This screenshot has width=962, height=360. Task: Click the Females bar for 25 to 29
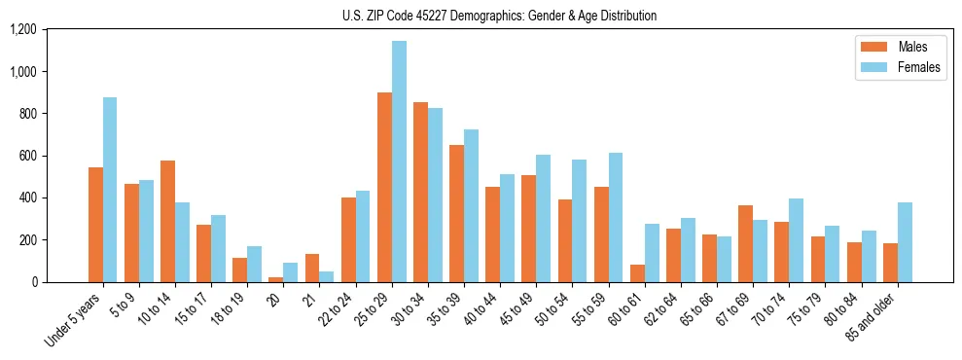[399, 162]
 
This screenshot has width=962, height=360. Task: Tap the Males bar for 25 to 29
[384, 188]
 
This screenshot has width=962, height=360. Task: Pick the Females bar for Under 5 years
[110, 190]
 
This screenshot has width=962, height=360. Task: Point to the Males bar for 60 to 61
[637, 273]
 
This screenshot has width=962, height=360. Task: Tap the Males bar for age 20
[276, 279]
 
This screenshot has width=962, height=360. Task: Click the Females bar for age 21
[327, 276]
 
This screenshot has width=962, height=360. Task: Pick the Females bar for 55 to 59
[616, 218]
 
